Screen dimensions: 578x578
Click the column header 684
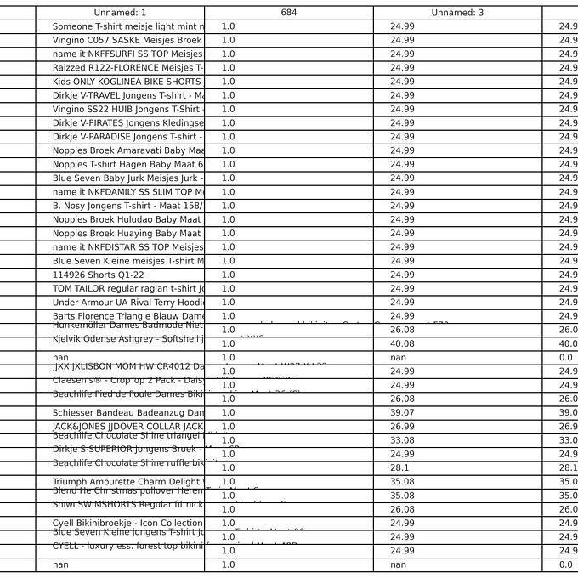coord(288,13)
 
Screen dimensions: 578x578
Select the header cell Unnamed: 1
coord(120,13)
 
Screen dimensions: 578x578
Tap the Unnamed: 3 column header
coord(457,13)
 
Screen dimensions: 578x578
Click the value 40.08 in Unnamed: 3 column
coord(402,344)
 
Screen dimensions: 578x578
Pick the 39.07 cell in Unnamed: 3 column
coord(402,413)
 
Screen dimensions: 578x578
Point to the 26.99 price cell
coord(402,427)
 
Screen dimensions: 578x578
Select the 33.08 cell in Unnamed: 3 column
coord(402,441)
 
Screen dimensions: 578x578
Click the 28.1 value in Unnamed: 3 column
coord(399,468)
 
